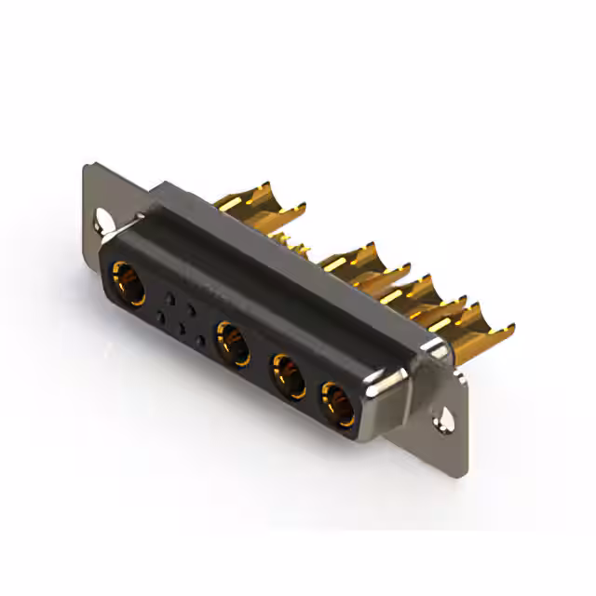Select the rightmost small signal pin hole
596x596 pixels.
pyautogui.click(x=201, y=342)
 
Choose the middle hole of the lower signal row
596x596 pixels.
pyautogui.click(x=181, y=331)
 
